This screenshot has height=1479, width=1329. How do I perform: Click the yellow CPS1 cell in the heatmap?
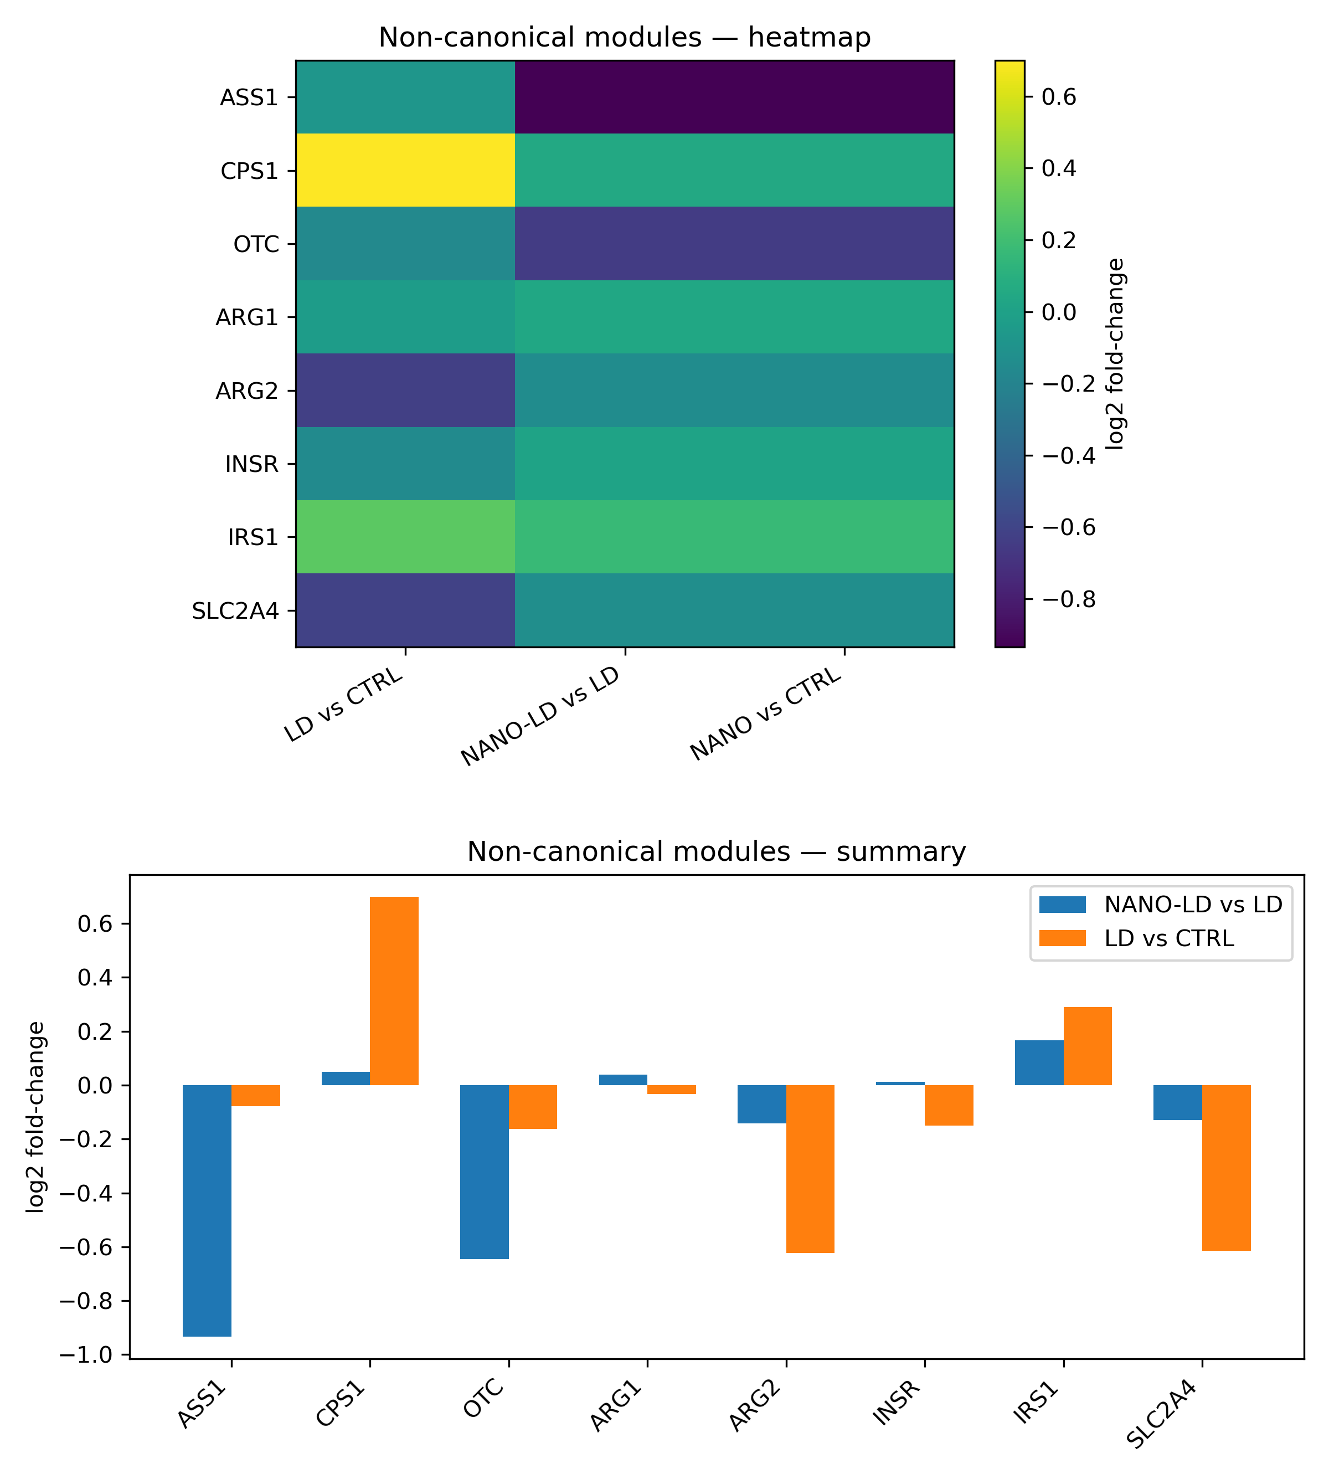click(405, 170)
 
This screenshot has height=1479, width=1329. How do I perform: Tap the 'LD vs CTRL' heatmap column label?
click(344, 704)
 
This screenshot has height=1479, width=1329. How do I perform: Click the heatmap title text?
click(624, 37)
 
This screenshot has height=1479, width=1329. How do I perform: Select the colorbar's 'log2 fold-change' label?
click(1115, 353)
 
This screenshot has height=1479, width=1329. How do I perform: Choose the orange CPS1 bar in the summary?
click(394, 990)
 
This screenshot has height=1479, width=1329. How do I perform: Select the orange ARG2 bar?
click(811, 1169)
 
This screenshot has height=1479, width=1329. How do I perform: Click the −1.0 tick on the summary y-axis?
click(92, 1355)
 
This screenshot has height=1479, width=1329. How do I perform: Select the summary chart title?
click(717, 851)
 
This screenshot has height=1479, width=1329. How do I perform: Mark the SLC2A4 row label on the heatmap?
click(235, 610)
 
